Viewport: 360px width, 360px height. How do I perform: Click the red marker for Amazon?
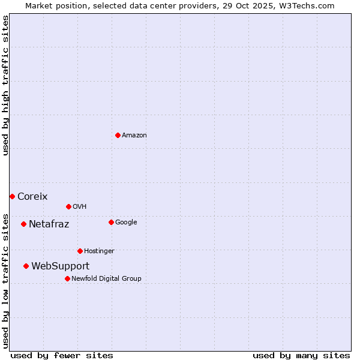coord(118,135)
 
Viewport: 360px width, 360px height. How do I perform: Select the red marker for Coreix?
coord(12,196)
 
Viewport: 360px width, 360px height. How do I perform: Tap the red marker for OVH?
coord(68,206)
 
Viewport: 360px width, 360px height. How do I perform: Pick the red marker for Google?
coord(111,222)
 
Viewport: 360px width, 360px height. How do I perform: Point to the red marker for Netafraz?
coord(23,224)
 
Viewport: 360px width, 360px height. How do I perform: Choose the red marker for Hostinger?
coord(80,251)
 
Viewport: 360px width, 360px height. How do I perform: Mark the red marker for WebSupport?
coord(26,266)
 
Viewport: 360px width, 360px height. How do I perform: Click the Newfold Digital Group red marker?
coord(67,278)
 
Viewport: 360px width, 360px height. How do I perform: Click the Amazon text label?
coord(134,135)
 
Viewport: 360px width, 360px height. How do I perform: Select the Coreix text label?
coord(32,196)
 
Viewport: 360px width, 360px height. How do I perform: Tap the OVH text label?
coord(80,206)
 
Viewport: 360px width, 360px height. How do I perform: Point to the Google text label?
coord(126,222)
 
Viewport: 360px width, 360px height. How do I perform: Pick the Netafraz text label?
coord(49,224)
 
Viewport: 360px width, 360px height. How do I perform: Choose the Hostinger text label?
coord(99,251)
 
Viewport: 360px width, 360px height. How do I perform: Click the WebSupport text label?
coord(61,266)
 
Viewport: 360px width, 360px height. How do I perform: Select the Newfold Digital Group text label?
coord(106,278)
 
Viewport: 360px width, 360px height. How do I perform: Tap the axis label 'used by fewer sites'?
coord(62,355)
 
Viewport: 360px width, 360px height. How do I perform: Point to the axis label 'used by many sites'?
coord(301,355)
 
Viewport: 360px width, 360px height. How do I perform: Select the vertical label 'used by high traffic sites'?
coord(5,85)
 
